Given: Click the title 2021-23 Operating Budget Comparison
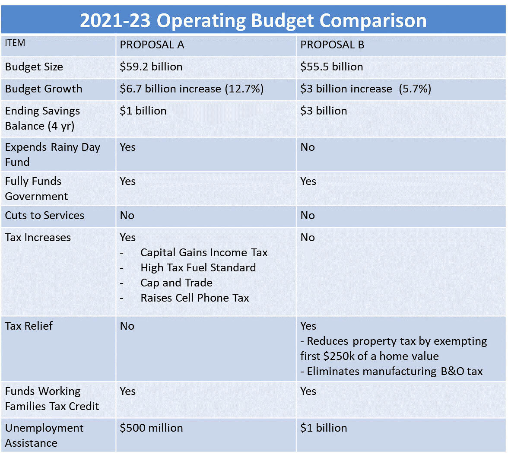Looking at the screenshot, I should coord(253,20).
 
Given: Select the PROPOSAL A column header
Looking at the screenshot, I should coord(152,45).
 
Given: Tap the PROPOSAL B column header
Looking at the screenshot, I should coord(332,45).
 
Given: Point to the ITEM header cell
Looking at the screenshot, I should coord(15,43).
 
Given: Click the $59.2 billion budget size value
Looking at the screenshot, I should coord(151,67).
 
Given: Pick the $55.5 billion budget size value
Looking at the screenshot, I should coord(331,67).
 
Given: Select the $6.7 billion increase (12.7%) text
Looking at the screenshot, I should coord(191,89).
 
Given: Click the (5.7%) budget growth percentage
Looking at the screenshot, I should coord(415,89).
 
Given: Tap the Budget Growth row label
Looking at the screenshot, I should coord(44,89).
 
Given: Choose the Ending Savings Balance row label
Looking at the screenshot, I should coord(42,118).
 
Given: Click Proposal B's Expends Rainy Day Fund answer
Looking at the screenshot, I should coord(308,147).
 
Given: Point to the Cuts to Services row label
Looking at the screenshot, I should coord(44,216).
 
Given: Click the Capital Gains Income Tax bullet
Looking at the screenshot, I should coord(204,253).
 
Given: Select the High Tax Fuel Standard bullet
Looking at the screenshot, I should coord(198,268).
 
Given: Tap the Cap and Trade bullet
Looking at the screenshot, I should coord(176,283).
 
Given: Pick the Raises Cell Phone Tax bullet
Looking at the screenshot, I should coord(194,298).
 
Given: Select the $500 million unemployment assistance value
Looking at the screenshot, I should coord(151,428).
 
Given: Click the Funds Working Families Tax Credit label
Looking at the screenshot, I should coord(52,399).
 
